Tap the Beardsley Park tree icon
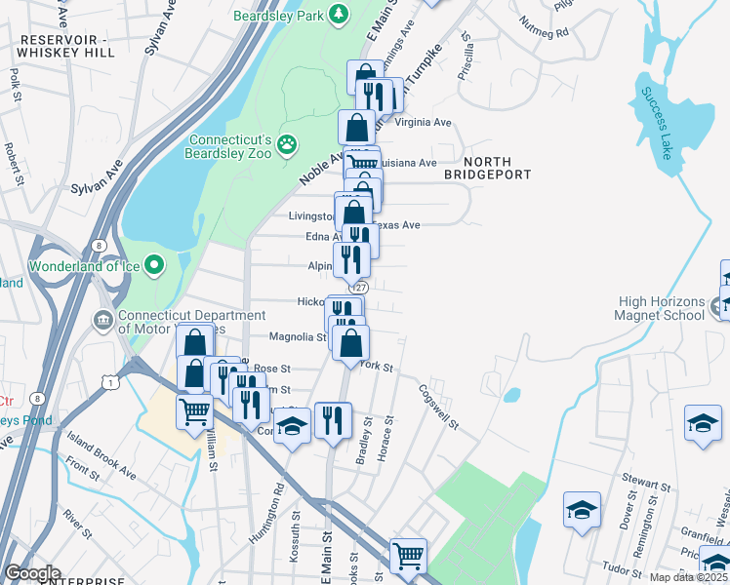pos(340,14)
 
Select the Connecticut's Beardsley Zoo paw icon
pos(286,145)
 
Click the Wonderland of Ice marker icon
pos(155,265)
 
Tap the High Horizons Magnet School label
pos(659,308)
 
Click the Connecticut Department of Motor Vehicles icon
pos(103,321)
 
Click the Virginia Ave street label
pos(422,123)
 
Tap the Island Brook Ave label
pos(102,457)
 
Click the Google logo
pos(32,573)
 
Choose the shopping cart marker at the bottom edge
pos(409,557)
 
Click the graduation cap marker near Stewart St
pos(581,510)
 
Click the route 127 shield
pos(360,288)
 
